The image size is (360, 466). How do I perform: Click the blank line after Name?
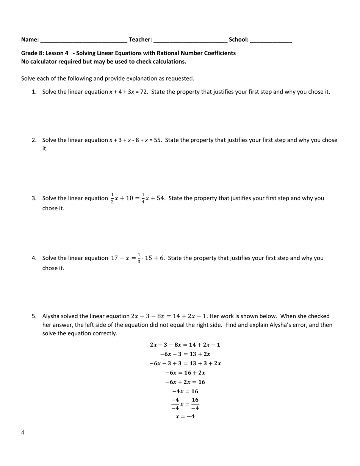click(83, 40)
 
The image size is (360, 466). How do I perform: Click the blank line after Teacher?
click(190, 40)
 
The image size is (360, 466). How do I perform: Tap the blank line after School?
click(271, 40)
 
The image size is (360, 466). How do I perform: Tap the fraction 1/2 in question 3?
click(112, 199)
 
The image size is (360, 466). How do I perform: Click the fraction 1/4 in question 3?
click(143, 199)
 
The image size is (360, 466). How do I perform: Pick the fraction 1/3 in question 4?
click(139, 258)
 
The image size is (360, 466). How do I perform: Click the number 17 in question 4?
click(115, 258)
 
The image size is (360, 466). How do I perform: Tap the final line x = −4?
click(185, 416)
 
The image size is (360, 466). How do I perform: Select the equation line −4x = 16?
click(185, 391)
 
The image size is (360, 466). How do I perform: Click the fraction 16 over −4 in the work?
click(195, 404)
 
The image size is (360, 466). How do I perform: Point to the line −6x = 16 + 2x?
click(185, 373)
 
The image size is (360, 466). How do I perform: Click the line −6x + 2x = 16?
click(185, 382)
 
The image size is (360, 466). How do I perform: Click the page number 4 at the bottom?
click(23, 432)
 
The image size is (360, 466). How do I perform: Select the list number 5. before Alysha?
click(34, 316)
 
